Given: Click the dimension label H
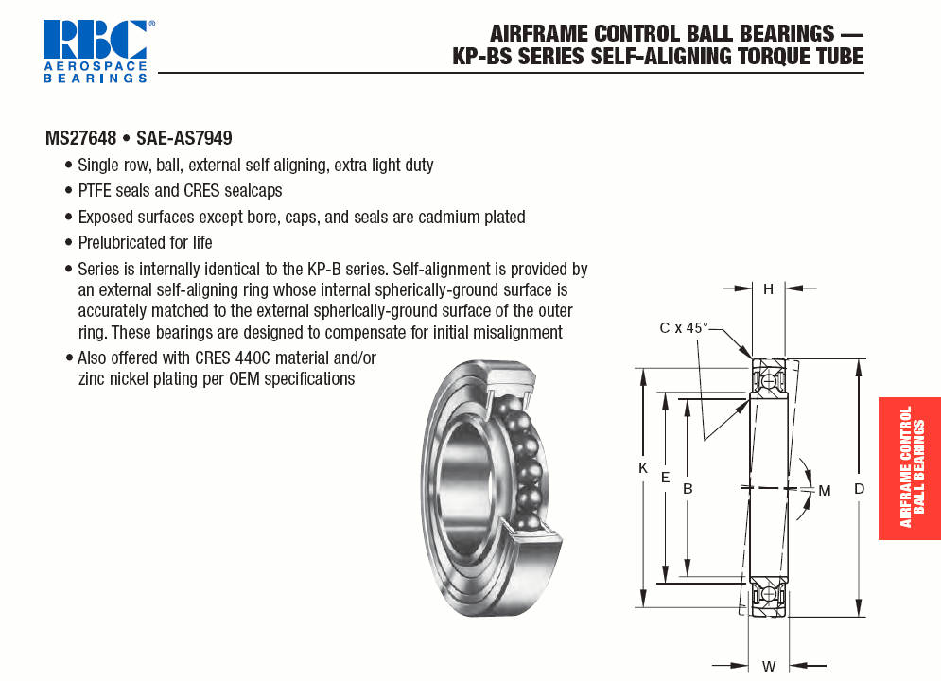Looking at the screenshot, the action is click(x=768, y=289).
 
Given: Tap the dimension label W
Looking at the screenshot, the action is click(x=769, y=666).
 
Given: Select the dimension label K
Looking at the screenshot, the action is click(x=643, y=468).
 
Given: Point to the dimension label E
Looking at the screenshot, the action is click(x=665, y=478).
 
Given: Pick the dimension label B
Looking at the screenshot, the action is click(x=688, y=489).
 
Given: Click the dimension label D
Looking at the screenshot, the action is click(x=860, y=489).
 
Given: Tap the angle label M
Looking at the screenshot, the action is click(x=825, y=491).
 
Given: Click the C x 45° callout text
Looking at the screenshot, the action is click(x=684, y=328).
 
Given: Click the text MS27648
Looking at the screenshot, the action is click(x=81, y=138).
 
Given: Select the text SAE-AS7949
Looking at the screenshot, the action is click(x=184, y=138).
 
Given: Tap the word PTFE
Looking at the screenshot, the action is click(x=95, y=191).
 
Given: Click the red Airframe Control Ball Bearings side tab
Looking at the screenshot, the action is click(x=910, y=468).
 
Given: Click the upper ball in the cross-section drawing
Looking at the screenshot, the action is click(x=768, y=381).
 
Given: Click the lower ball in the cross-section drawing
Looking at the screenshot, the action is click(x=768, y=594).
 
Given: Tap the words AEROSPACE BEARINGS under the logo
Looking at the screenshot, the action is click(x=96, y=72).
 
